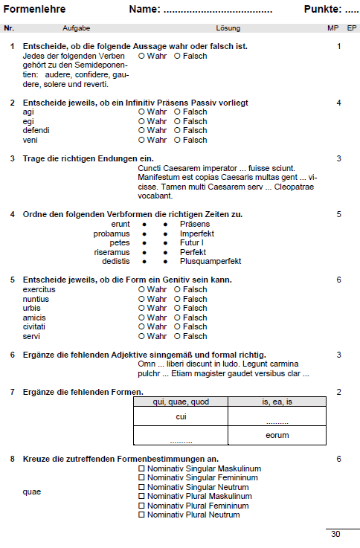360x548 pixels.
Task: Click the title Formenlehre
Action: [x=35, y=10]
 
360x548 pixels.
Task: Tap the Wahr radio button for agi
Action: [x=141, y=112]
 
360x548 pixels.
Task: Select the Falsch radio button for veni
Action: [x=177, y=140]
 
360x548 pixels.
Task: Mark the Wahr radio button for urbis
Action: [x=141, y=308]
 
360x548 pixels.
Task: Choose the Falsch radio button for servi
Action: [x=177, y=336]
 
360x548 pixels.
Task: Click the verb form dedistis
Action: [x=115, y=262]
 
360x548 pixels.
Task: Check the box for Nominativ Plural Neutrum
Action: [x=141, y=515]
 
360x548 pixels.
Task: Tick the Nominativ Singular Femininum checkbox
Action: [x=141, y=478]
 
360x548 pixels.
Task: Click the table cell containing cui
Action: [x=180, y=416]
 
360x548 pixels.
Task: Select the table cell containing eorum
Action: [x=277, y=435]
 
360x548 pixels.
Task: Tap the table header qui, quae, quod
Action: [x=180, y=401]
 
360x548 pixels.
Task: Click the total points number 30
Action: [x=335, y=534]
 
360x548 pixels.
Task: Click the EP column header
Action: [x=351, y=28]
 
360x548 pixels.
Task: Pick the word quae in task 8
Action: [x=31, y=491]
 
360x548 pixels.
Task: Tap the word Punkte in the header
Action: [x=322, y=10]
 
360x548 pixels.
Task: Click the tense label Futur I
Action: [x=191, y=242]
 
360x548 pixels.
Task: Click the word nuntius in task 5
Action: [x=36, y=299]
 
